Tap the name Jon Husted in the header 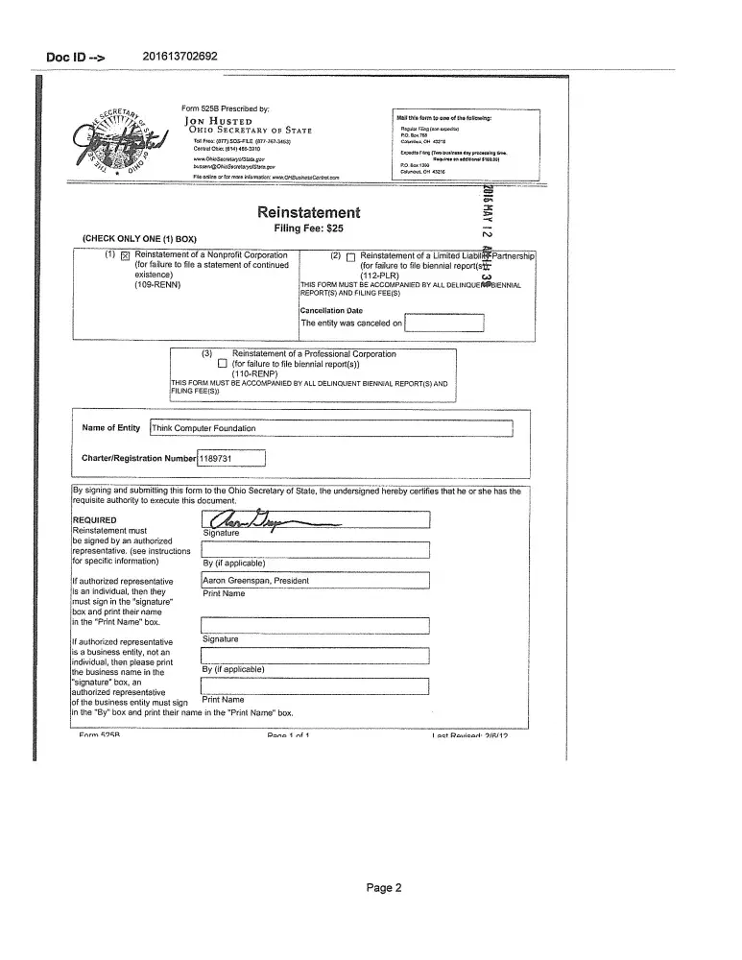point(219,121)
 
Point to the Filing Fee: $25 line point(308,229)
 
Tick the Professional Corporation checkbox point(222,364)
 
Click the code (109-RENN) point(158,285)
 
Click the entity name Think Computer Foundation point(203,428)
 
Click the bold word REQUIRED point(94,520)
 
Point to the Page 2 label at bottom point(384,888)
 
